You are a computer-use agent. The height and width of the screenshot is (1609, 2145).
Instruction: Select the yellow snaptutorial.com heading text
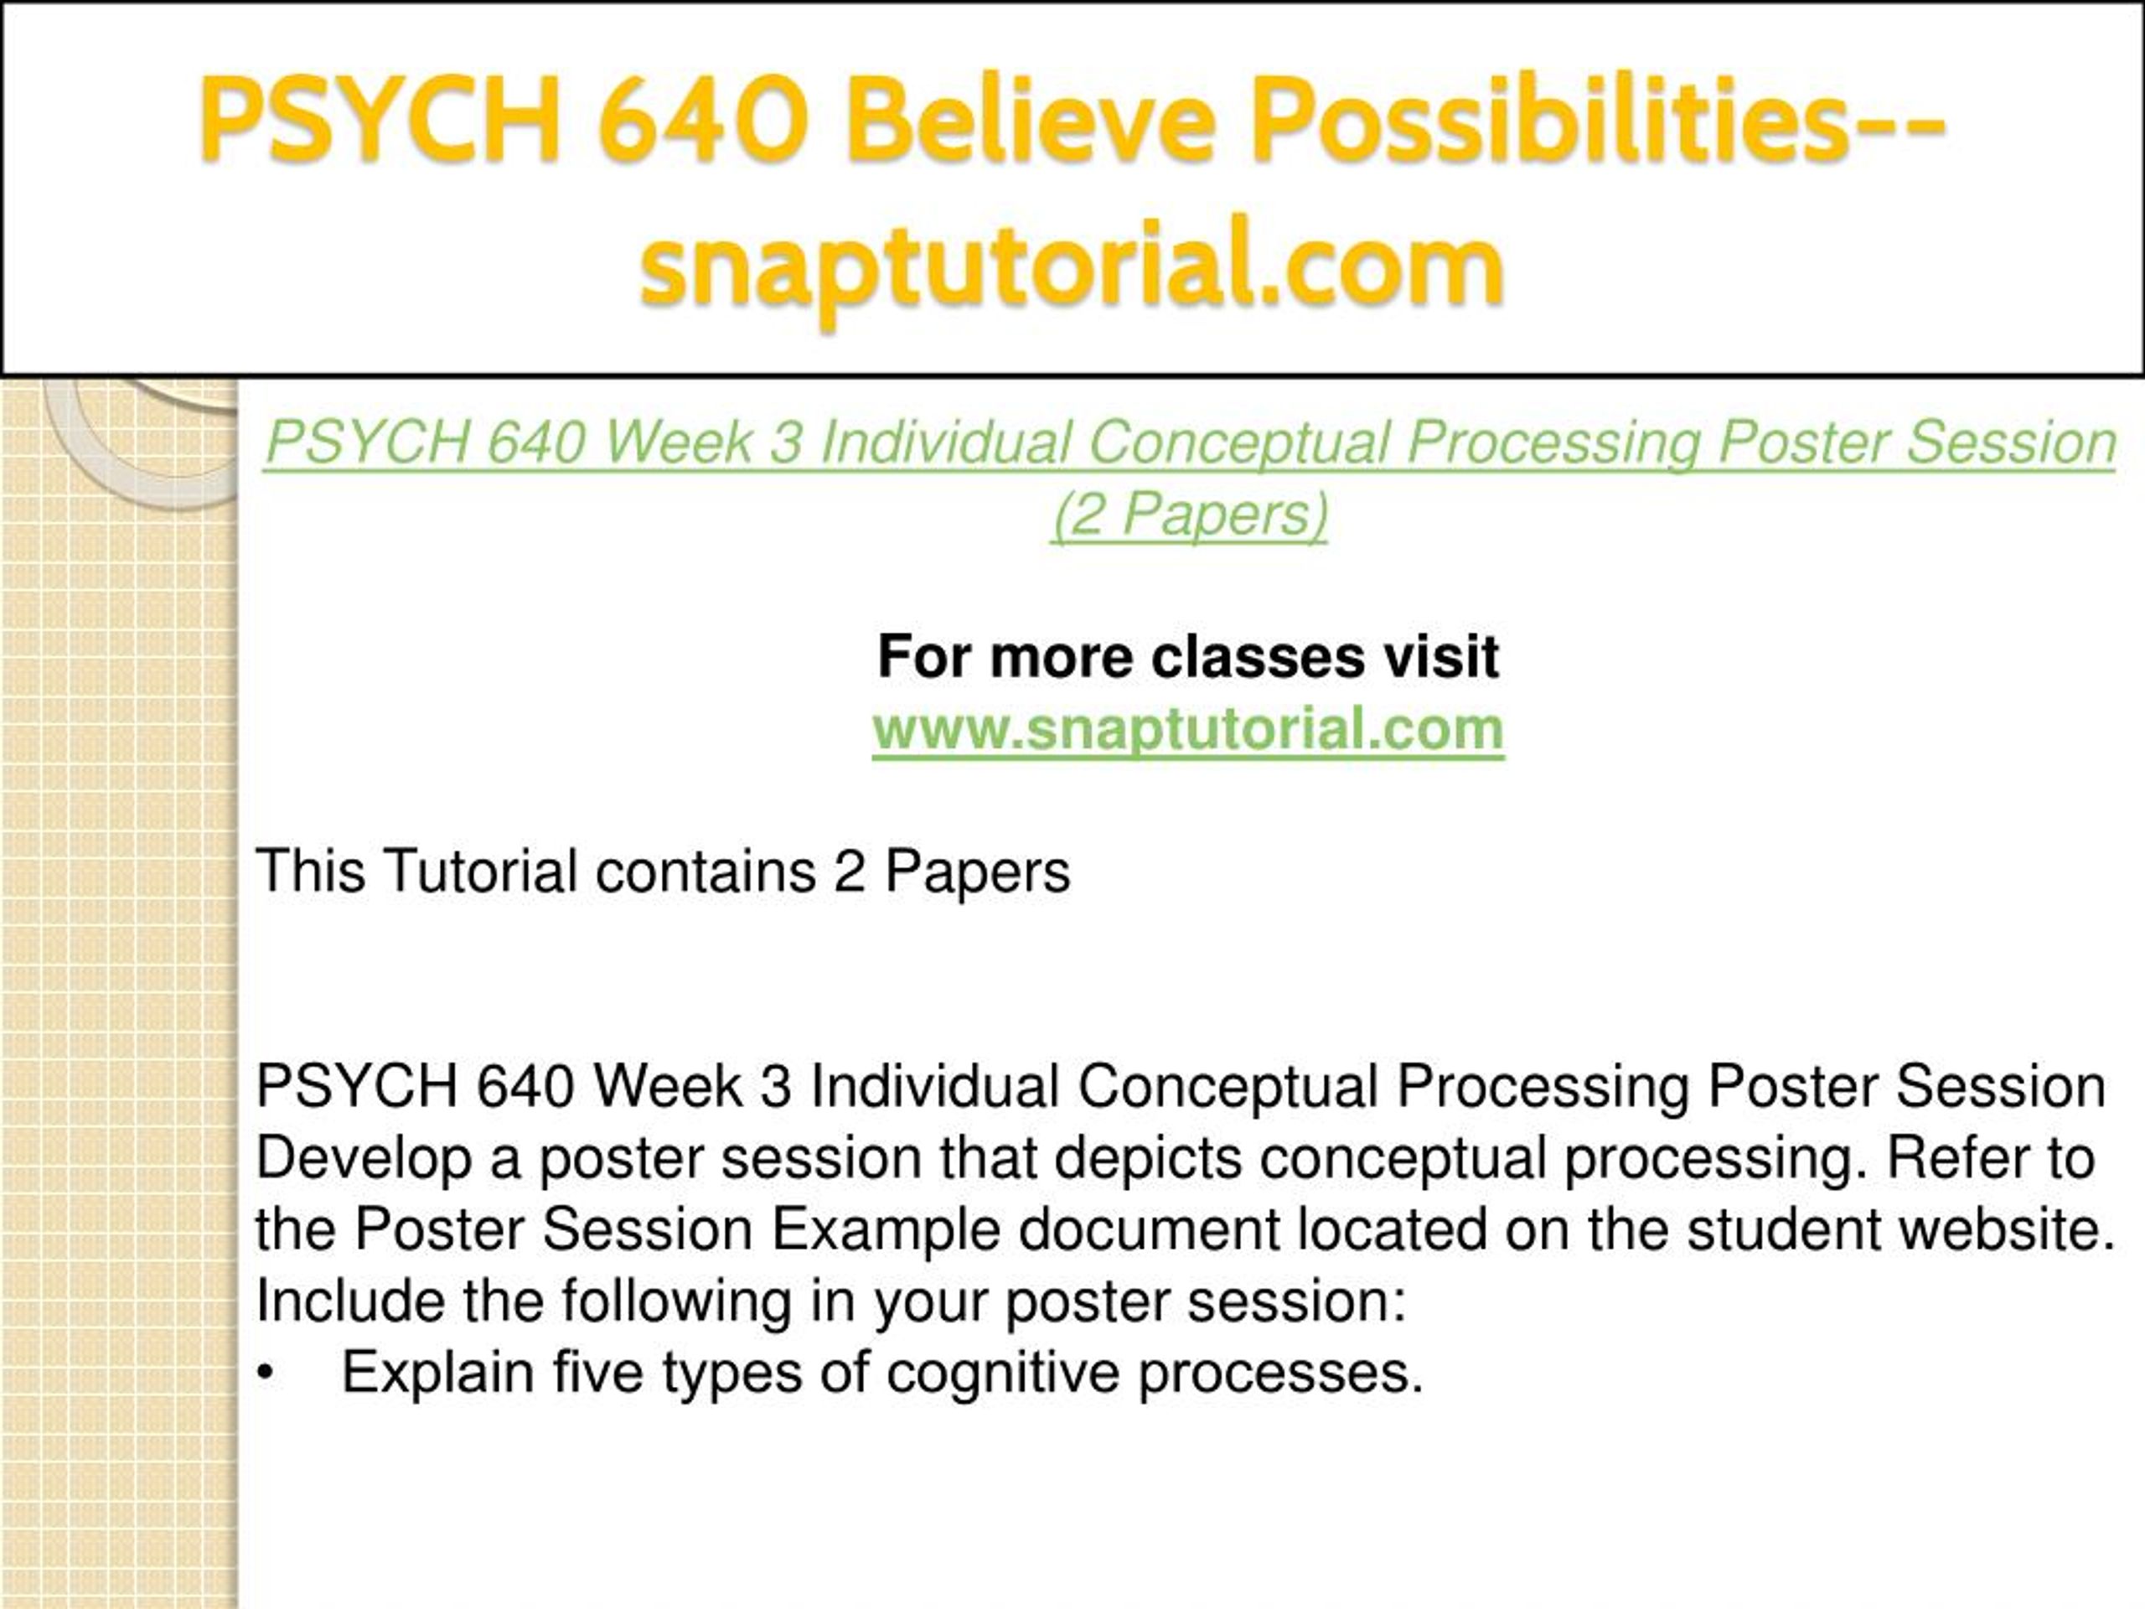click(x=1072, y=266)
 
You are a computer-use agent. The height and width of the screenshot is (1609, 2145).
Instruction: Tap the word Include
click(x=351, y=1301)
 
